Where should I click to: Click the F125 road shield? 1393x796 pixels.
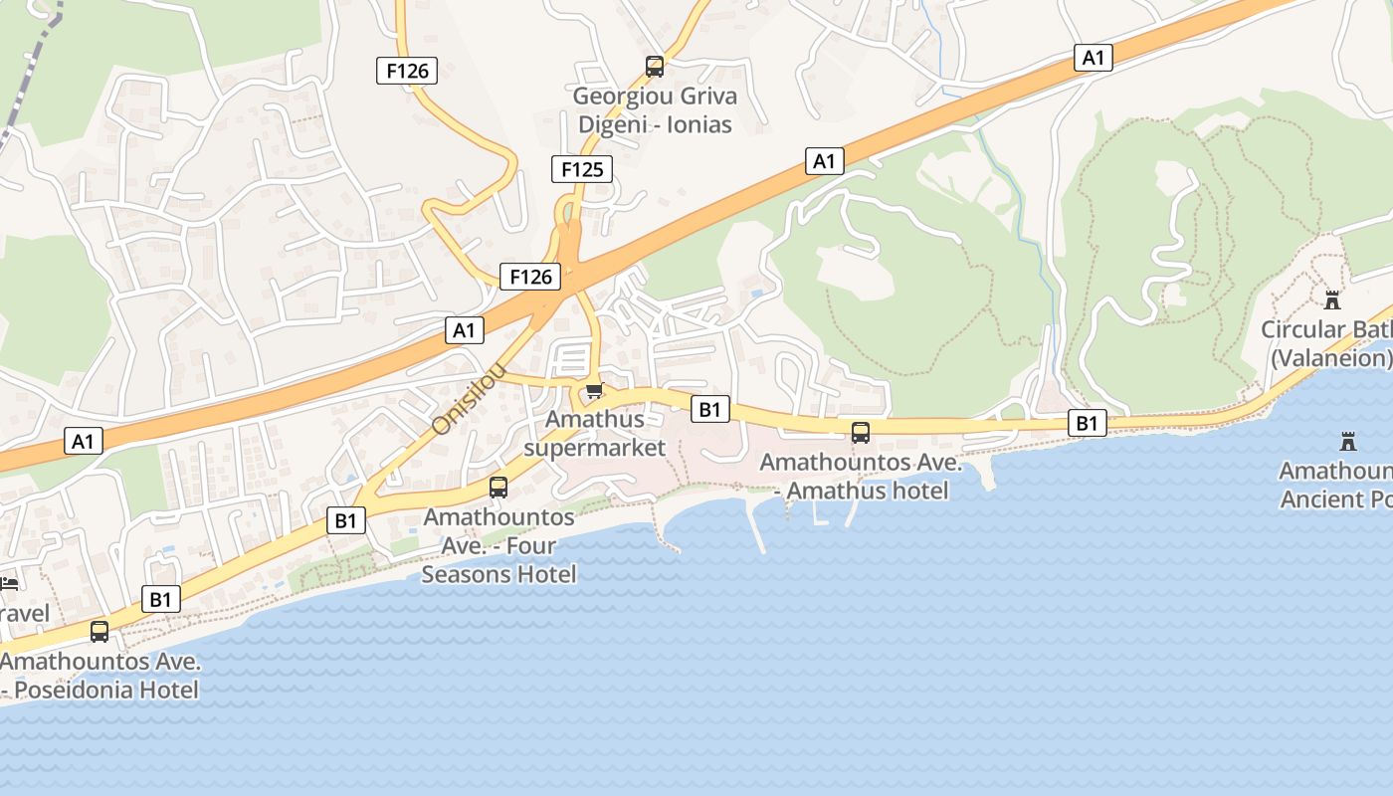582,169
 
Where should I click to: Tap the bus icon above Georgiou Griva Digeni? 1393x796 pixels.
655,67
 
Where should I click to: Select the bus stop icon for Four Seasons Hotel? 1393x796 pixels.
498,488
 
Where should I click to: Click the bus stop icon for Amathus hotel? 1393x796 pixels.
861,433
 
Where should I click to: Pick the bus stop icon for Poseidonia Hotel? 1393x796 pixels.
99,631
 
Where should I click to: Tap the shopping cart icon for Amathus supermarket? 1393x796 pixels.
594,390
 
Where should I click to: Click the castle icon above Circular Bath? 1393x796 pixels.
1332,299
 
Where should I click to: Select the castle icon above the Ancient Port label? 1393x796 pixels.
1349,441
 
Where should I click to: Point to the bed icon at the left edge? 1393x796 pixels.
9,583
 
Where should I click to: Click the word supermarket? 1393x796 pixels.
594,448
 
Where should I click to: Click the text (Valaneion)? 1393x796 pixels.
1329,358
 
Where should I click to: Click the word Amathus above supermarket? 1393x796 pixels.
594,420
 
